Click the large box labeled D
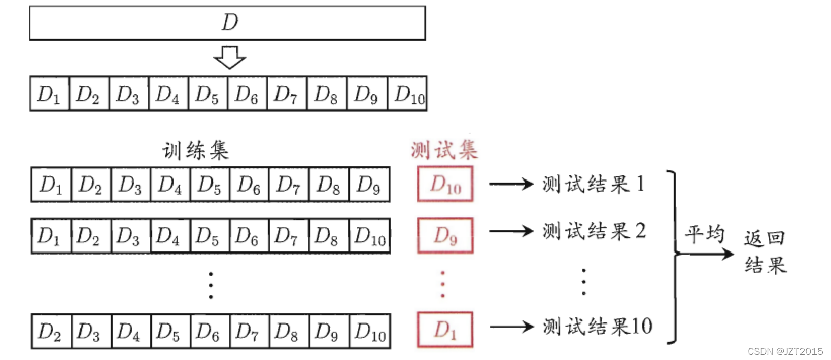point(227,23)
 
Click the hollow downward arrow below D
point(230,57)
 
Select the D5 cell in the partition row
point(208,94)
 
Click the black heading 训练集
point(196,151)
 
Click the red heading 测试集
point(444,150)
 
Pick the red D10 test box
point(445,184)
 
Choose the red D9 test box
point(445,235)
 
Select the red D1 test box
point(445,330)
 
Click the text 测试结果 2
point(594,231)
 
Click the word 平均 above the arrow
point(705,234)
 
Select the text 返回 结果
point(765,252)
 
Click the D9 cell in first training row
point(369,185)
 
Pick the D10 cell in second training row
point(370,236)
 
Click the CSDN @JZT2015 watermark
point(785,351)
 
